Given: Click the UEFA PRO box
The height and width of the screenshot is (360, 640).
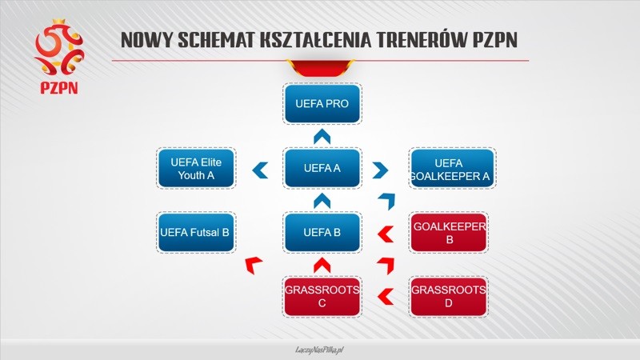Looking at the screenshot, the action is (322, 104).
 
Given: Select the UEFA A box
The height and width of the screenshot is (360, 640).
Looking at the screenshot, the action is (322, 168).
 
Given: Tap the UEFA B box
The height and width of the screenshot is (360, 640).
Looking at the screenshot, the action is (322, 232).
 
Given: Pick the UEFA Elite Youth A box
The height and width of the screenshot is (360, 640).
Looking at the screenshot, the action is (196, 168).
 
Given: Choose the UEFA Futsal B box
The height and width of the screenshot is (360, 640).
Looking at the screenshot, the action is (196, 232).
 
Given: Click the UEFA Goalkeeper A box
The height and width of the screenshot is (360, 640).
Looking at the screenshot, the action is (452, 168).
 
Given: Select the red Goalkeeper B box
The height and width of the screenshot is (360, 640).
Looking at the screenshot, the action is (448, 232).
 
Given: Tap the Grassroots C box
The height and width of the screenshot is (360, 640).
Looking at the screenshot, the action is (322, 297).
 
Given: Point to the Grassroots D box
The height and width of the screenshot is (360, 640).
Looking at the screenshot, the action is (448, 297).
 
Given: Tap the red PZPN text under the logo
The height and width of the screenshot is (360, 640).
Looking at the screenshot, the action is (59, 88).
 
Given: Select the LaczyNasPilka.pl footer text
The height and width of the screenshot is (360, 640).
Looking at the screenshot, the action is (320, 350).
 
